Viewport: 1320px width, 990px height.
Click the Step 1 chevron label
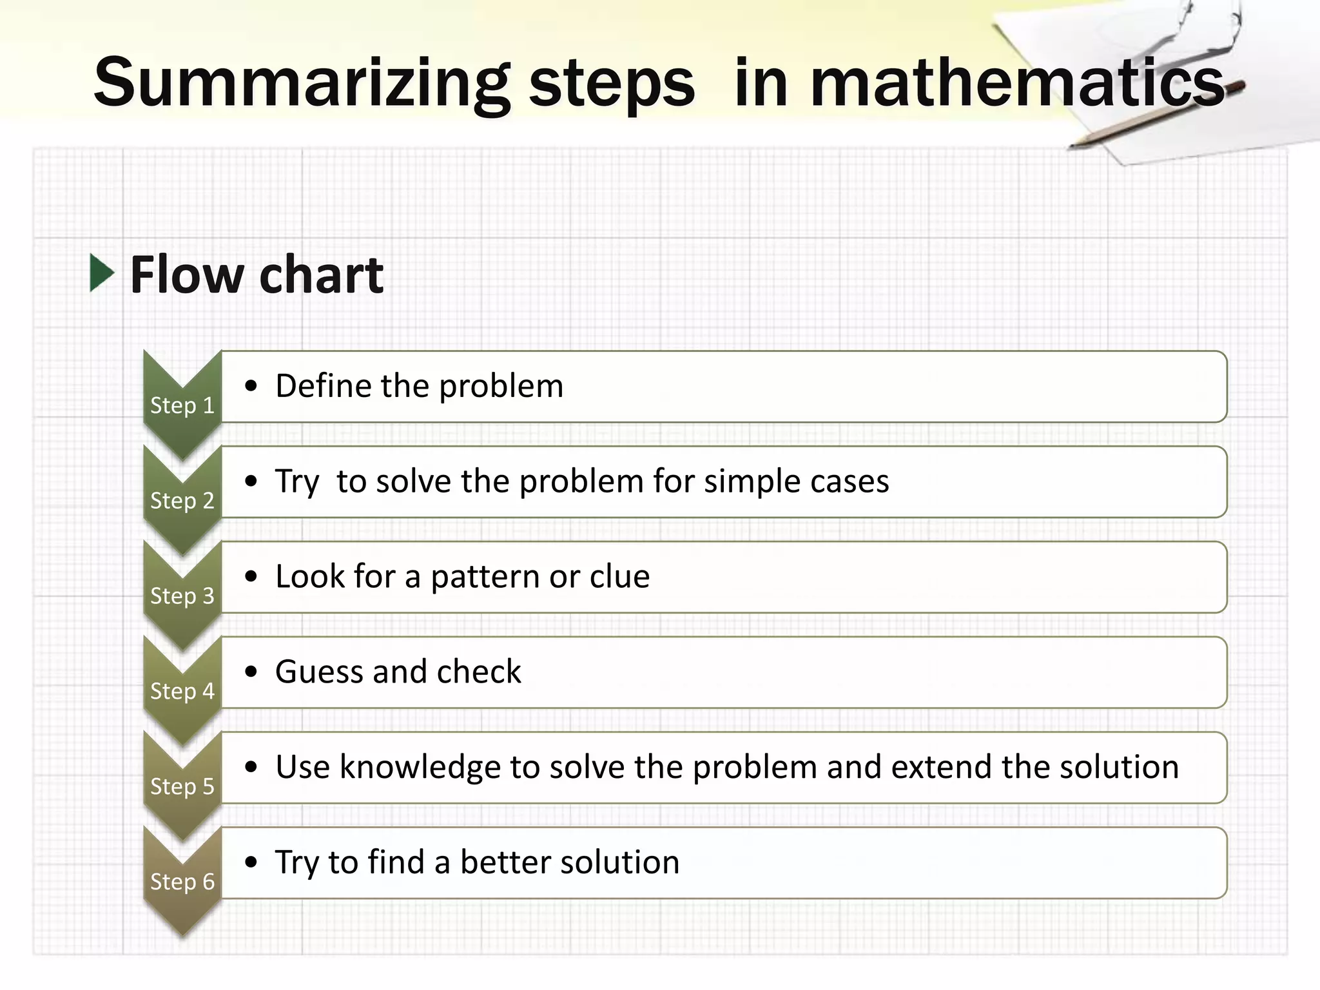[182, 405]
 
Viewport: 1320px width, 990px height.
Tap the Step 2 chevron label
[182, 501]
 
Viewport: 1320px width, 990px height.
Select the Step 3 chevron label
[182, 596]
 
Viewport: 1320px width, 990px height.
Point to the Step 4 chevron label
[182, 692]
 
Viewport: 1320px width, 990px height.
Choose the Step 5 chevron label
[182, 786]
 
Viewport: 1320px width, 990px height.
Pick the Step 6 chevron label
[182, 882]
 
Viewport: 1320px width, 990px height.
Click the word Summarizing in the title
[302, 84]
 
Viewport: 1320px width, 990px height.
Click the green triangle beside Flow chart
[102, 273]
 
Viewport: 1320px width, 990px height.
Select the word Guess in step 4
[319, 672]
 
